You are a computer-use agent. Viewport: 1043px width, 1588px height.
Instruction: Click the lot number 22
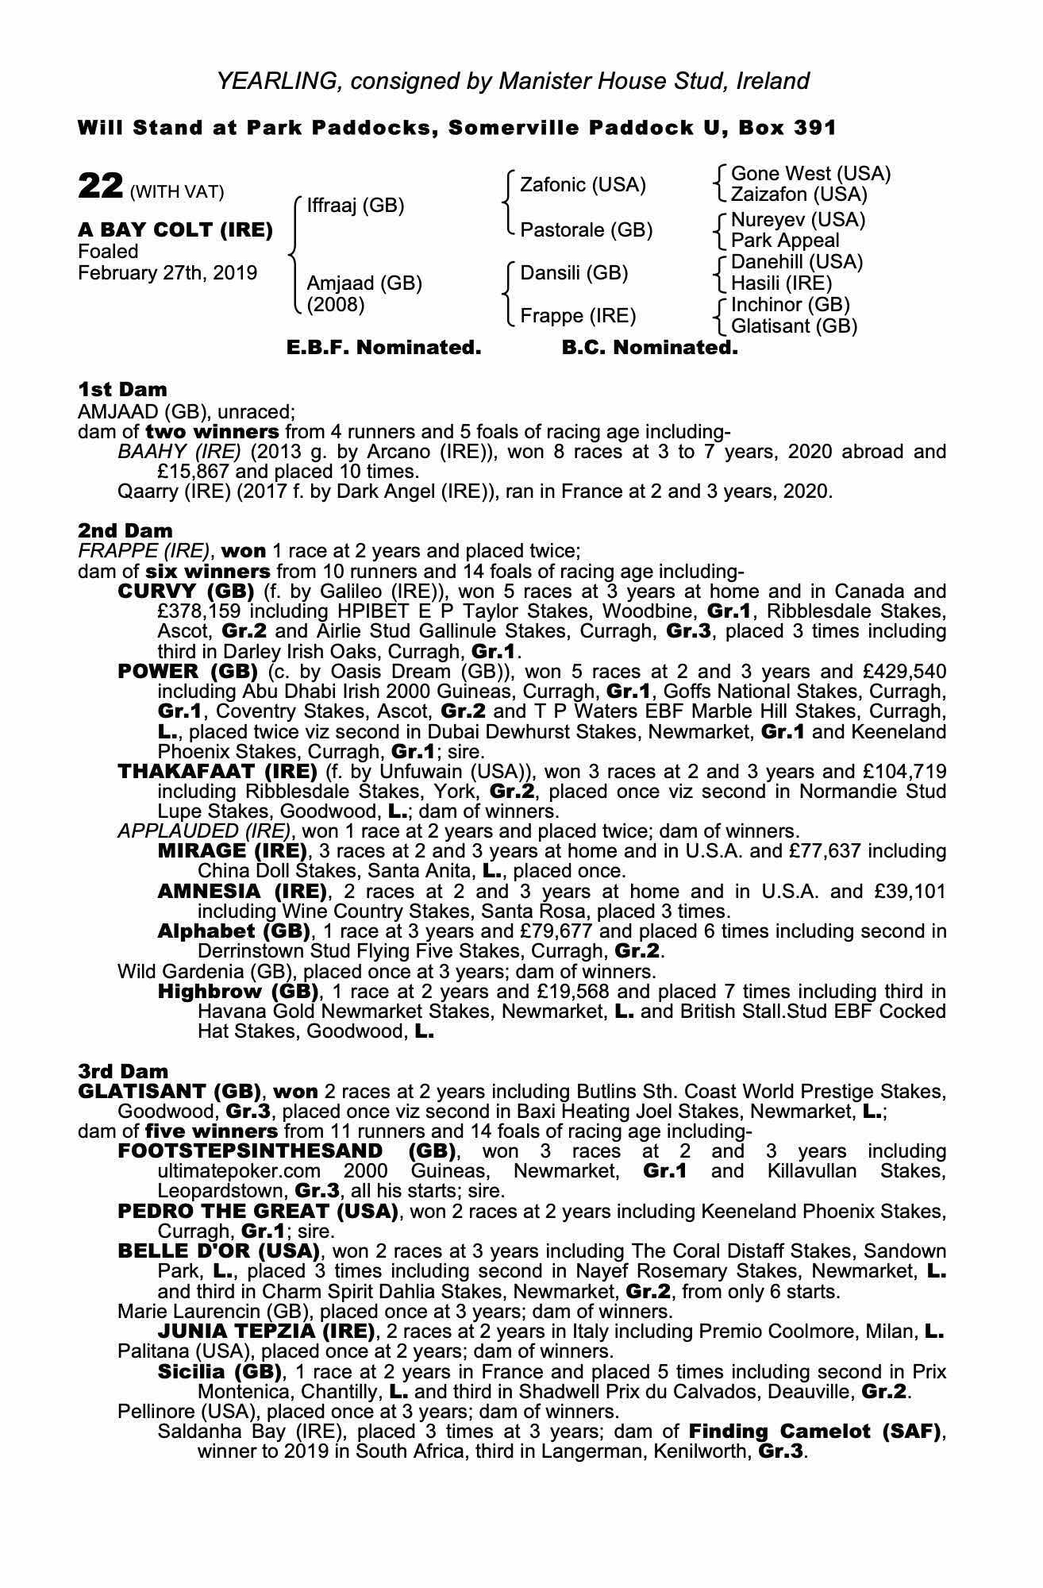click(100, 187)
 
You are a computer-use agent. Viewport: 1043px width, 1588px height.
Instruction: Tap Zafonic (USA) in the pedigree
click(583, 185)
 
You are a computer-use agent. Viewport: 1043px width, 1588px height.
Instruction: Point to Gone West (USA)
click(810, 173)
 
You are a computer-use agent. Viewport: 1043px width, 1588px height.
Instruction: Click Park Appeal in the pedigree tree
click(784, 240)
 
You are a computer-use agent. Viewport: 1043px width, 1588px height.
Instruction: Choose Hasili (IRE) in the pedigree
click(781, 283)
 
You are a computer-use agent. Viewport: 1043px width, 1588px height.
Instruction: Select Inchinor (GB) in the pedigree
click(790, 305)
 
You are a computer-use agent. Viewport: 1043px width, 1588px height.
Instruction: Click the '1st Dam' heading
click(122, 389)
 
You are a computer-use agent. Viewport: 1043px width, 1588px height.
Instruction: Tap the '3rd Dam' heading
click(123, 1071)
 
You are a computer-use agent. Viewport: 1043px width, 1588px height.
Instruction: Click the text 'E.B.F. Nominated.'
click(383, 348)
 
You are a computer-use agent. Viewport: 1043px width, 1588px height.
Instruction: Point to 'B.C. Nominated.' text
click(649, 348)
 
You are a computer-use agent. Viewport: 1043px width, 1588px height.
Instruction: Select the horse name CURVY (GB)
click(186, 592)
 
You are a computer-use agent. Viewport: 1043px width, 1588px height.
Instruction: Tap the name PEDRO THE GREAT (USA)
click(257, 1212)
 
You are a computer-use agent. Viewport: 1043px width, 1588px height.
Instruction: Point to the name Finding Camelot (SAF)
click(814, 1432)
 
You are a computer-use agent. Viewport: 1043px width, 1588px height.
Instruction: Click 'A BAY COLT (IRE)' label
click(175, 230)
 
